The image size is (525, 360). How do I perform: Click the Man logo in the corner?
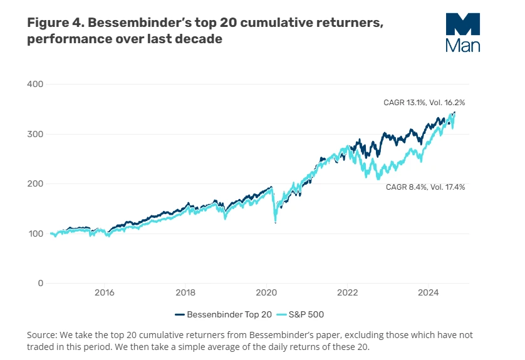pos(463,31)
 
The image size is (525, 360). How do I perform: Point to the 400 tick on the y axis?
pos(35,84)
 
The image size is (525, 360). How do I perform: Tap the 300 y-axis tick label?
pos(35,134)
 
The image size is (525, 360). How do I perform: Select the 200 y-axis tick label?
pos(35,184)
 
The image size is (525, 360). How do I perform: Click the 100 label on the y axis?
pos(35,234)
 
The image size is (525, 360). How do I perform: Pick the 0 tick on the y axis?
pos(40,284)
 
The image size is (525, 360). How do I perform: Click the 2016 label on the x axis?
pos(104,292)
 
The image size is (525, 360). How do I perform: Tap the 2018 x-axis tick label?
pos(185,292)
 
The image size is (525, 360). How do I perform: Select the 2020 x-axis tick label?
pos(266,292)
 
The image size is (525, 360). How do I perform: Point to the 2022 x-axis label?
pos(347,292)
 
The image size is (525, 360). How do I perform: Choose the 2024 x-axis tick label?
pos(429,292)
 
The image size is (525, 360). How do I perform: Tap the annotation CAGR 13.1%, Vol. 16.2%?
pos(424,102)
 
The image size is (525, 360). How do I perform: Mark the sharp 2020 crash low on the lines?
pos(275,222)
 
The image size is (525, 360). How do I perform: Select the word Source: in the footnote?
pos(43,335)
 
